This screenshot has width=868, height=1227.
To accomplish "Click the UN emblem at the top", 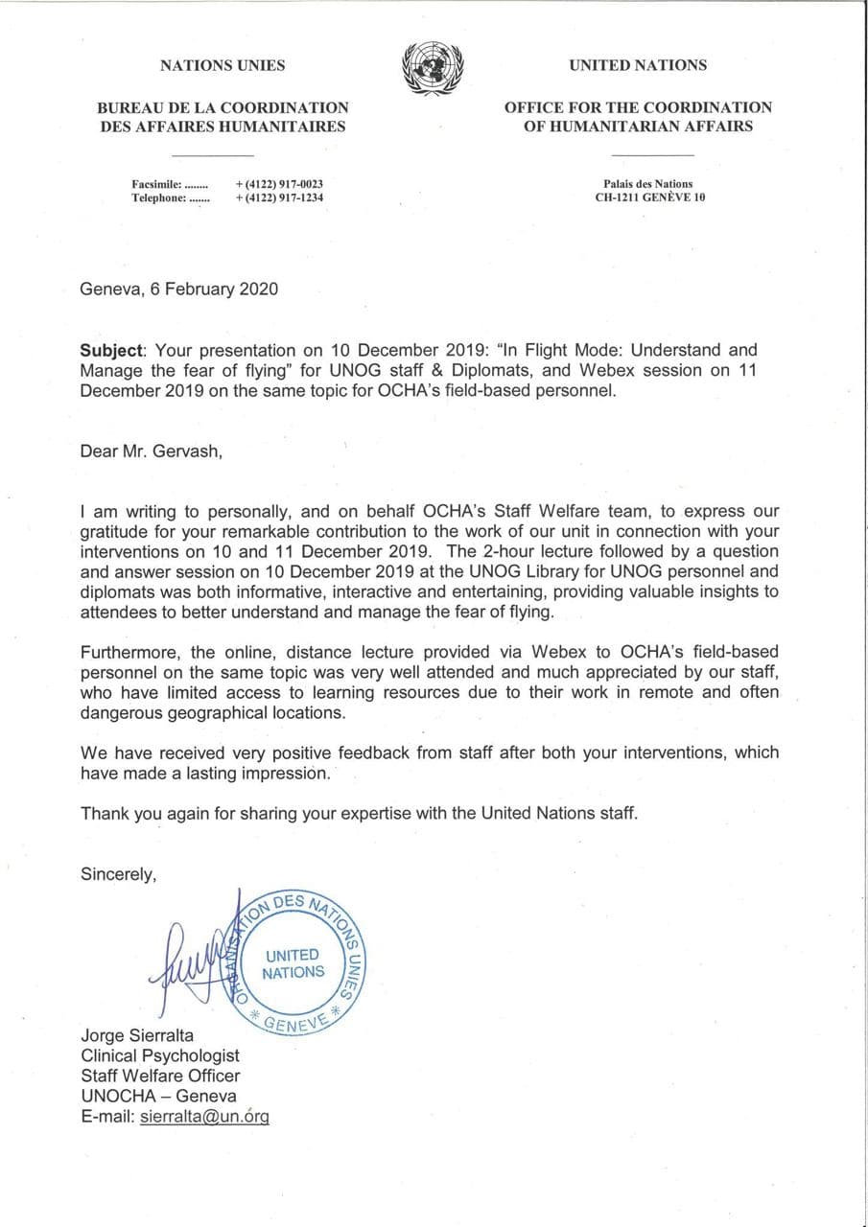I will point(433,68).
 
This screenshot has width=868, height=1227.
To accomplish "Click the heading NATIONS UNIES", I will point(223,65).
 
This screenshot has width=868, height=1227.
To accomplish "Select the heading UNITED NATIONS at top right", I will point(638,65).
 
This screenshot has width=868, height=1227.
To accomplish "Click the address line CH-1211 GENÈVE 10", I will point(649,198).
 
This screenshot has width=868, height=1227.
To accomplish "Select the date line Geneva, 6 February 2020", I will point(179,289).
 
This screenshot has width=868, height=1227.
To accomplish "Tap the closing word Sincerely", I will point(118,873).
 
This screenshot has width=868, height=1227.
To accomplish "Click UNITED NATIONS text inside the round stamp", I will point(293,963).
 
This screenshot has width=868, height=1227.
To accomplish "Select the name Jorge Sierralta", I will point(139,1036).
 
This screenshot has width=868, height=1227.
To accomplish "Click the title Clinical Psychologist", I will point(160,1056).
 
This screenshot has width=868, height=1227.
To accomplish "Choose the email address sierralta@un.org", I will point(204,1116).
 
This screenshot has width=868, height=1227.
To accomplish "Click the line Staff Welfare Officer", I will point(160,1076).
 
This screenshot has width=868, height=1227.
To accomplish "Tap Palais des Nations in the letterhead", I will point(648,184).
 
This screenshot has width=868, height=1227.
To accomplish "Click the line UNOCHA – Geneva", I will point(158,1096).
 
